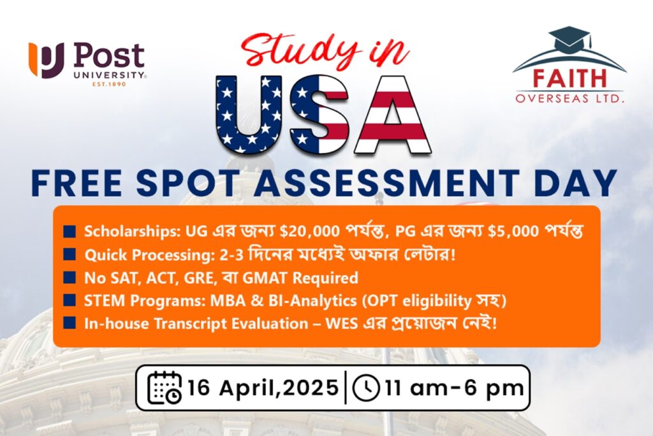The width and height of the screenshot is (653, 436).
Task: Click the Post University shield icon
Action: [46, 60]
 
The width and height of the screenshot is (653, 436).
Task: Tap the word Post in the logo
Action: [109, 55]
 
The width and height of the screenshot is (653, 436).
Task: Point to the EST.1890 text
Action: [109, 84]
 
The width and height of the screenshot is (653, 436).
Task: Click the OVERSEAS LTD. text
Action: [569, 99]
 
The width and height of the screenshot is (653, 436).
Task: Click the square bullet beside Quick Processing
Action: [70, 254]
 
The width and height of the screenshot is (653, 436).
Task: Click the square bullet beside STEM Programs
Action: [70, 300]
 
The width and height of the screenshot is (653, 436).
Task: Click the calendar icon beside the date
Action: [165, 388]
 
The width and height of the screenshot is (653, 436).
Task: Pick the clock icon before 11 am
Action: [365, 388]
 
